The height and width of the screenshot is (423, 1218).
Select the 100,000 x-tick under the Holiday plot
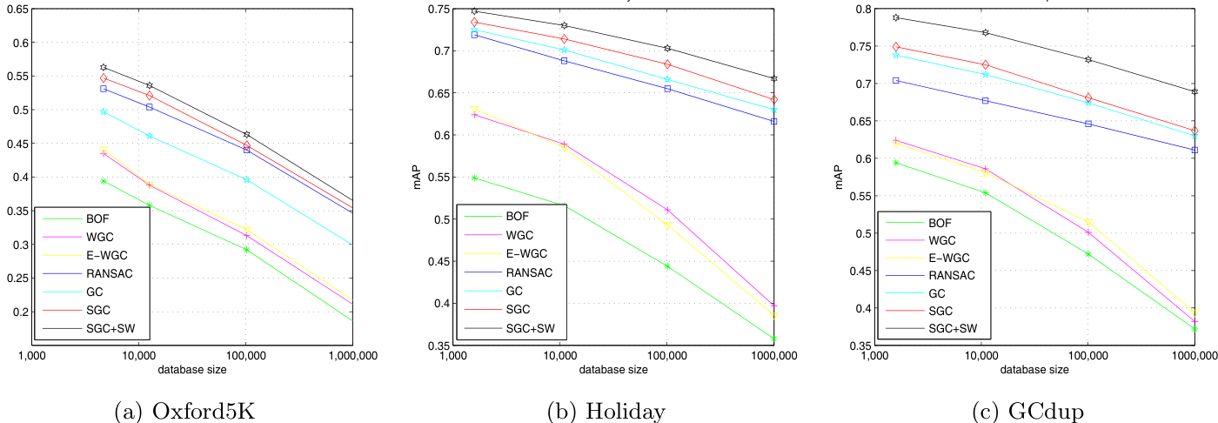click(666, 356)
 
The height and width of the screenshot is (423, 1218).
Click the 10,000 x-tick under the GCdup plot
click(981, 356)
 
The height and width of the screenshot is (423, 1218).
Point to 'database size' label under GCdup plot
click(1035, 370)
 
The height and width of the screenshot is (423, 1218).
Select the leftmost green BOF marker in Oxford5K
click(104, 180)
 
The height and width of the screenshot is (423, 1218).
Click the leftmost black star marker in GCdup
click(895, 17)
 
